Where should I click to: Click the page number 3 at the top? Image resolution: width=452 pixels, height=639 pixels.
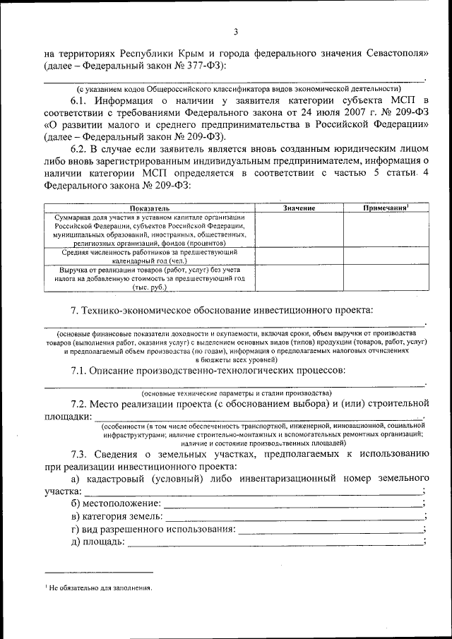pyautogui.click(x=237, y=31)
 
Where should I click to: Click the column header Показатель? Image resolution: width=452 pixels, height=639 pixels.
pyautogui.click(x=149, y=208)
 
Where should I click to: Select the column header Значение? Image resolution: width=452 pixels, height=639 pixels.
pyautogui.click(x=299, y=208)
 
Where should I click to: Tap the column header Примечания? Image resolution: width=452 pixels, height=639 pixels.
pyautogui.click(x=386, y=208)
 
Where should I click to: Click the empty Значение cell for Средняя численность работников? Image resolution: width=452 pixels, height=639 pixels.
pyautogui.click(x=299, y=255)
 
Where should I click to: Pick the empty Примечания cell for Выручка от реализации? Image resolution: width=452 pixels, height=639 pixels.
pyautogui.click(x=386, y=277)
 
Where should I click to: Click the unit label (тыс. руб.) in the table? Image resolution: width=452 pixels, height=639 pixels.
pyautogui.click(x=149, y=287)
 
